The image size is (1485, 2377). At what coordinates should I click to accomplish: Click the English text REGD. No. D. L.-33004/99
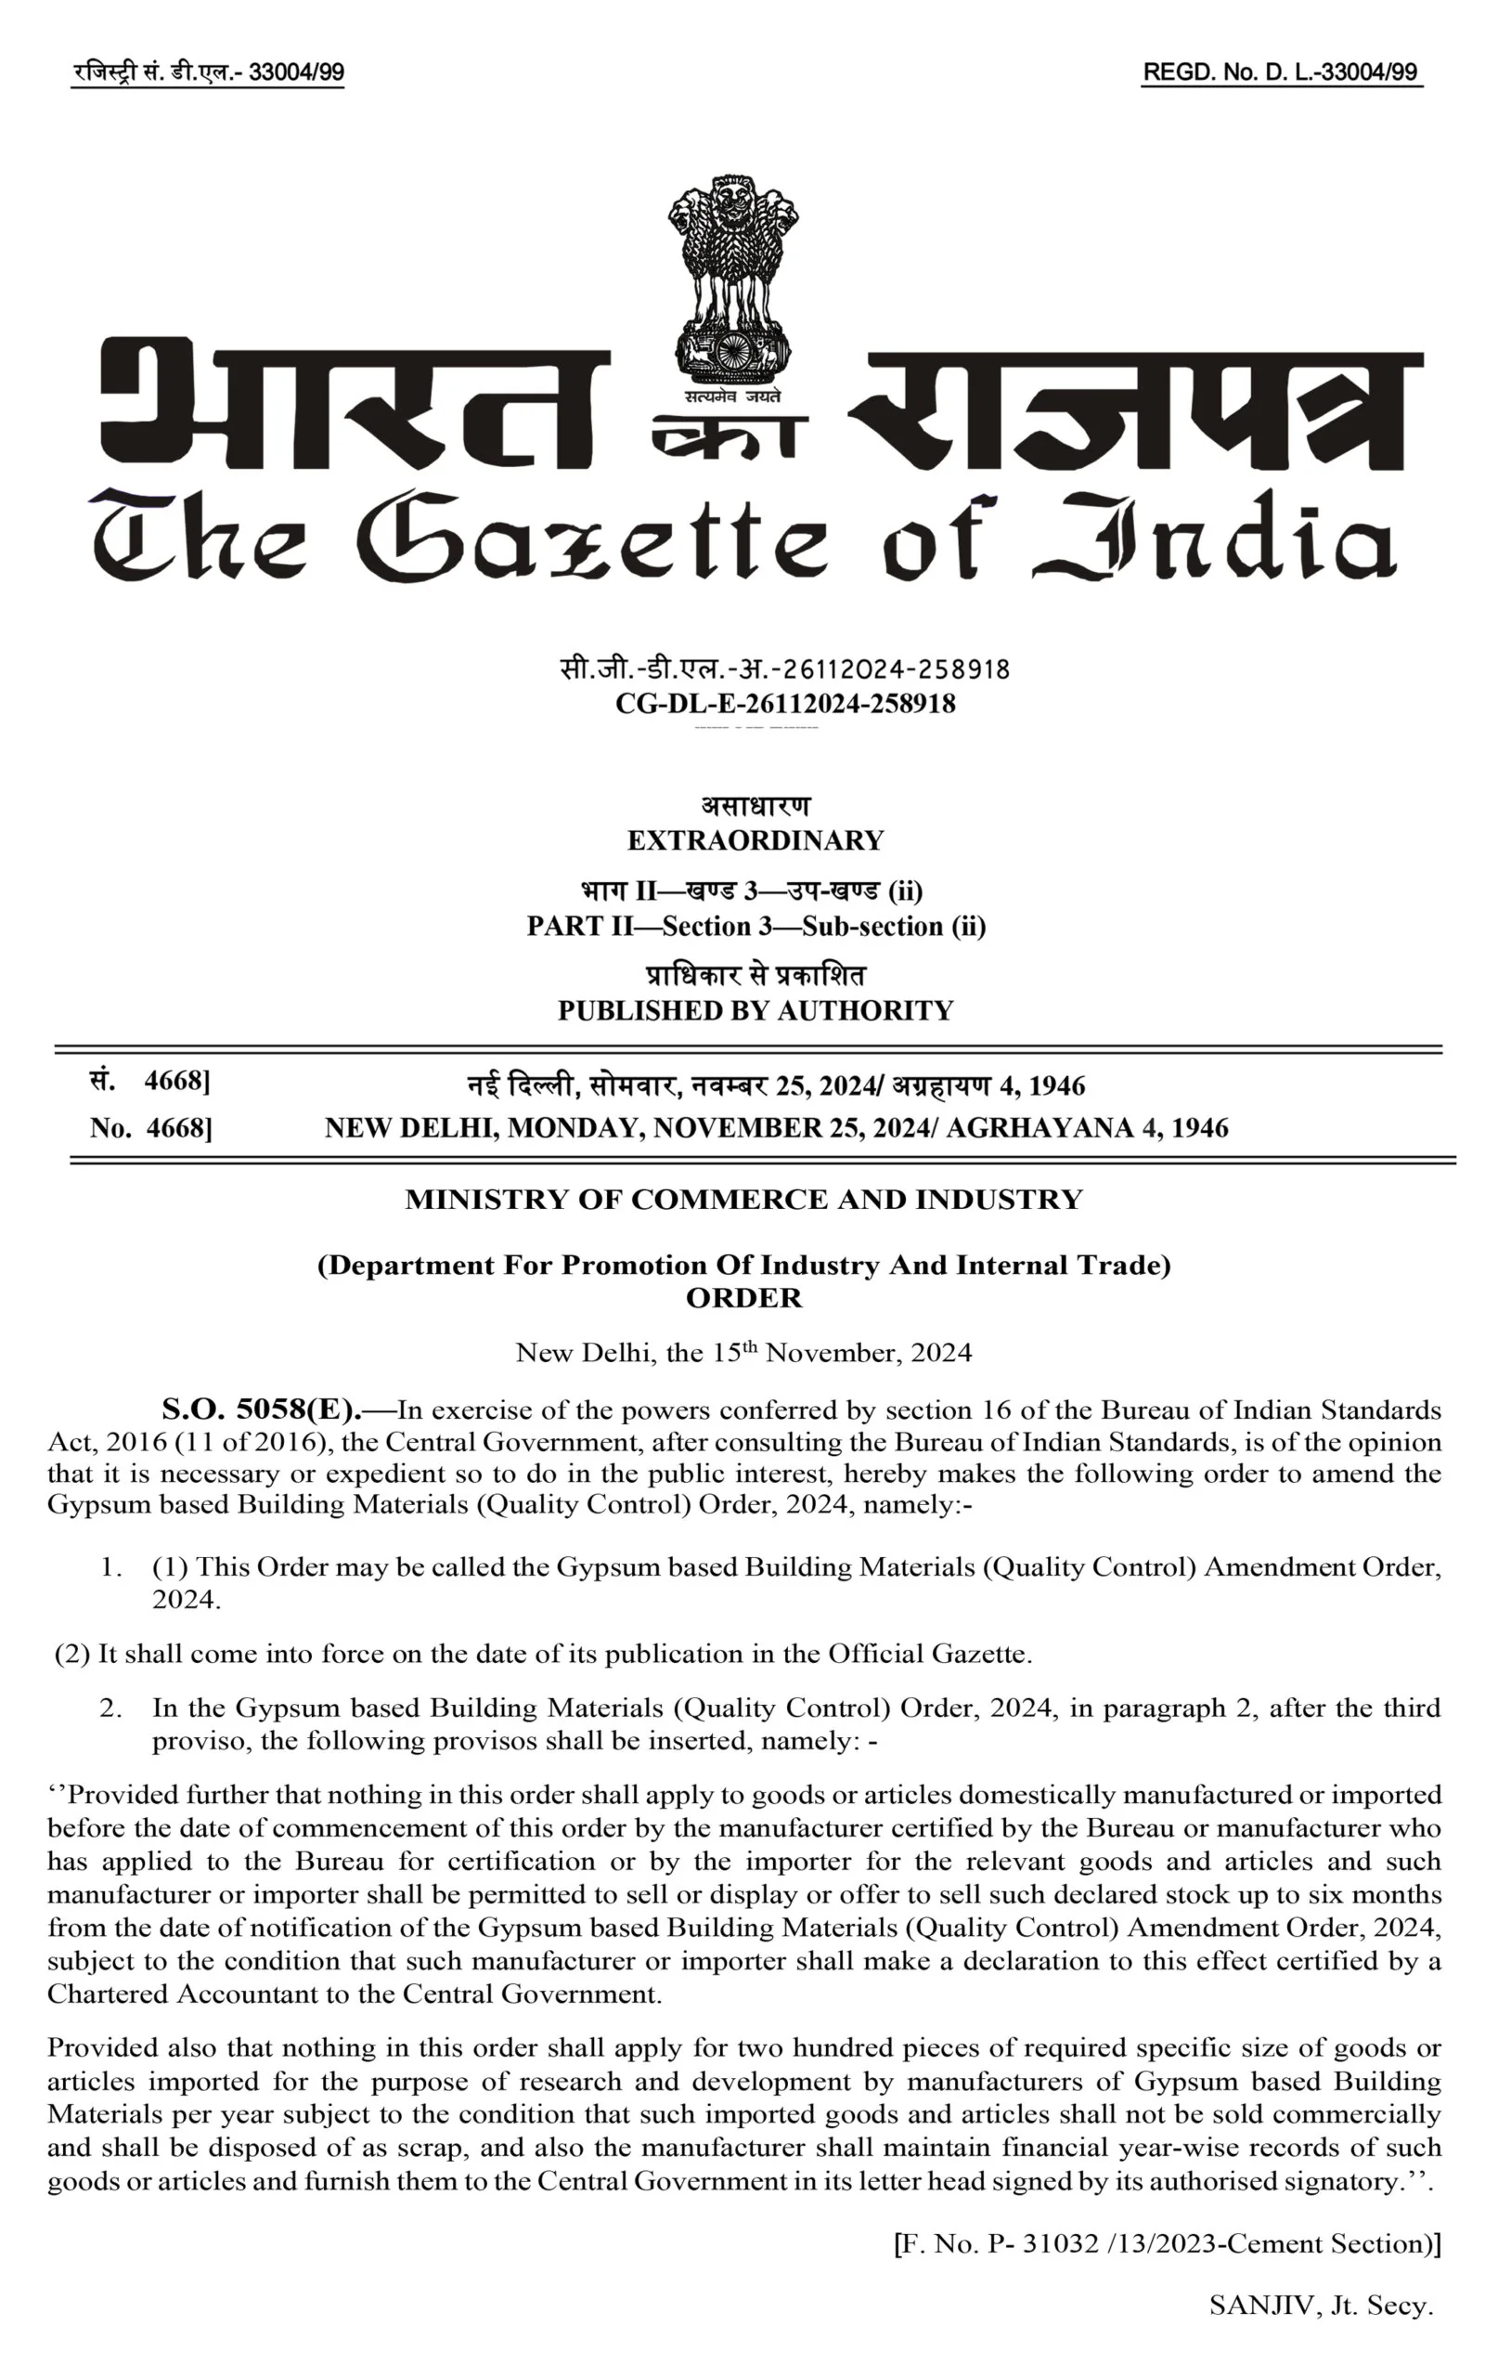pos(1281,72)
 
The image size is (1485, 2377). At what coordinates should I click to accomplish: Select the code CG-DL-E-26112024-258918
pos(785,703)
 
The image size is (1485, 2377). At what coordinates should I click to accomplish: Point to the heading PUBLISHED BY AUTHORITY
pos(755,1011)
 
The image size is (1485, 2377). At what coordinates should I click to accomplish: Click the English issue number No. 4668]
pos(151,1127)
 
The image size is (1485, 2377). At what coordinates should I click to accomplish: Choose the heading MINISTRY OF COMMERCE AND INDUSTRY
pos(743,1200)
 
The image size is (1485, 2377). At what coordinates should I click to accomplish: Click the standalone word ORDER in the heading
pos(743,1297)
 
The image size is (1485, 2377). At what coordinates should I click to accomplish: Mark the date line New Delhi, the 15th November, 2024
pos(743,1353)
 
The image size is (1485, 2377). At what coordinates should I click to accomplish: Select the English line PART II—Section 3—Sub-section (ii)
pos(755,927)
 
